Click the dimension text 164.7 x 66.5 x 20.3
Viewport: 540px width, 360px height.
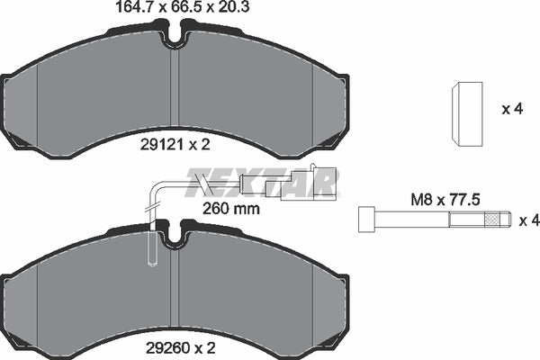pyautogui.click(x=183, y=7)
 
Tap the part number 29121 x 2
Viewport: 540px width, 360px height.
pyautogui.click(x=175, y=145)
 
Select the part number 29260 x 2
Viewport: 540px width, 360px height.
pyautogui.click(x=181, y=348)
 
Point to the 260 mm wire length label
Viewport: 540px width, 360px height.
pyautogui.click(x=230, y=209)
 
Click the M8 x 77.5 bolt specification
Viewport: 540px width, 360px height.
pyautogui.click(x=445, y=200)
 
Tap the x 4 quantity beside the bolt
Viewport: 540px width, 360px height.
pyautogui.click(x=529, y=220)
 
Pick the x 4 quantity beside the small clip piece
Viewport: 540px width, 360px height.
pyautogui.click(x=512, y=109)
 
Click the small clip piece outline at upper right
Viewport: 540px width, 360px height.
pyautogui.click(x=467, y=114)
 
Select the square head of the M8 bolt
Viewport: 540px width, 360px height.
pyautogui.click(x=366, y=219)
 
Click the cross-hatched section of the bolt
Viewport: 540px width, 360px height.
pyautogui.click(x=491, y=220)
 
